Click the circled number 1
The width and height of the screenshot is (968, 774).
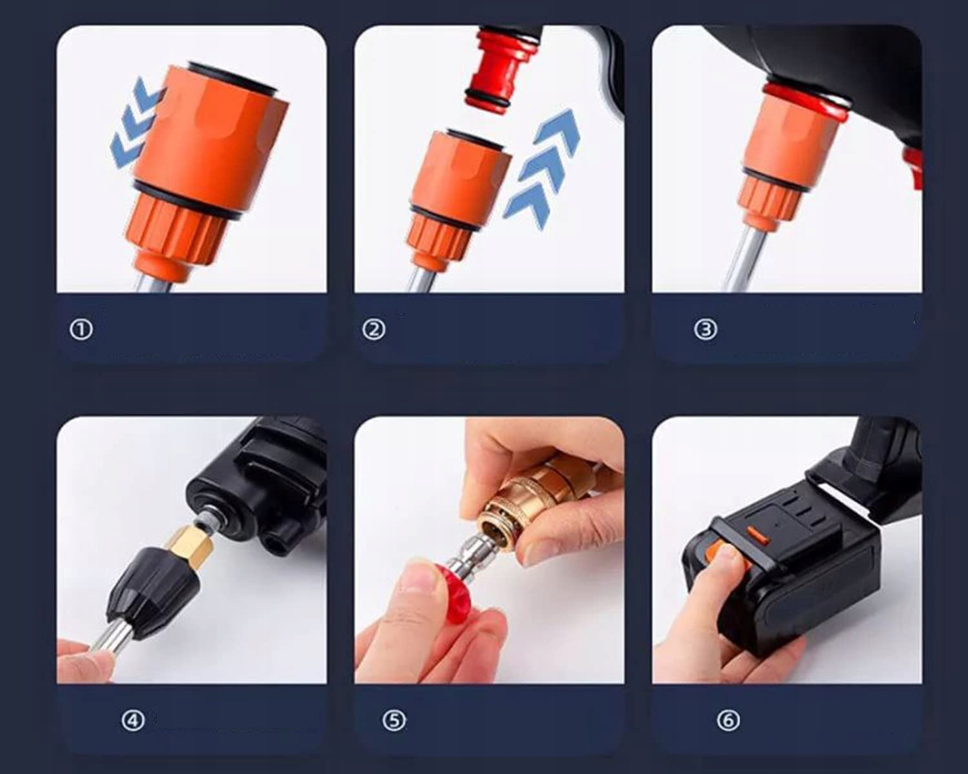[81, 330]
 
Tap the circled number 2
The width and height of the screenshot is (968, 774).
[374, 330]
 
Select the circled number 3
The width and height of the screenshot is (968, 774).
[705, 330]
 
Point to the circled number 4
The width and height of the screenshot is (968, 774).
[133, 721]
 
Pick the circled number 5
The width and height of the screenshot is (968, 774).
[394, 721]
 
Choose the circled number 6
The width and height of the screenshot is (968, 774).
[728, 721]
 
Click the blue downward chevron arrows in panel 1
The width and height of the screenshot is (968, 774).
[135, 128]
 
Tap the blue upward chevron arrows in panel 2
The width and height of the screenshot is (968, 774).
[542, 168]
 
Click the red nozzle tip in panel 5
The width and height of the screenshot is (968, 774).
[450, 591]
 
